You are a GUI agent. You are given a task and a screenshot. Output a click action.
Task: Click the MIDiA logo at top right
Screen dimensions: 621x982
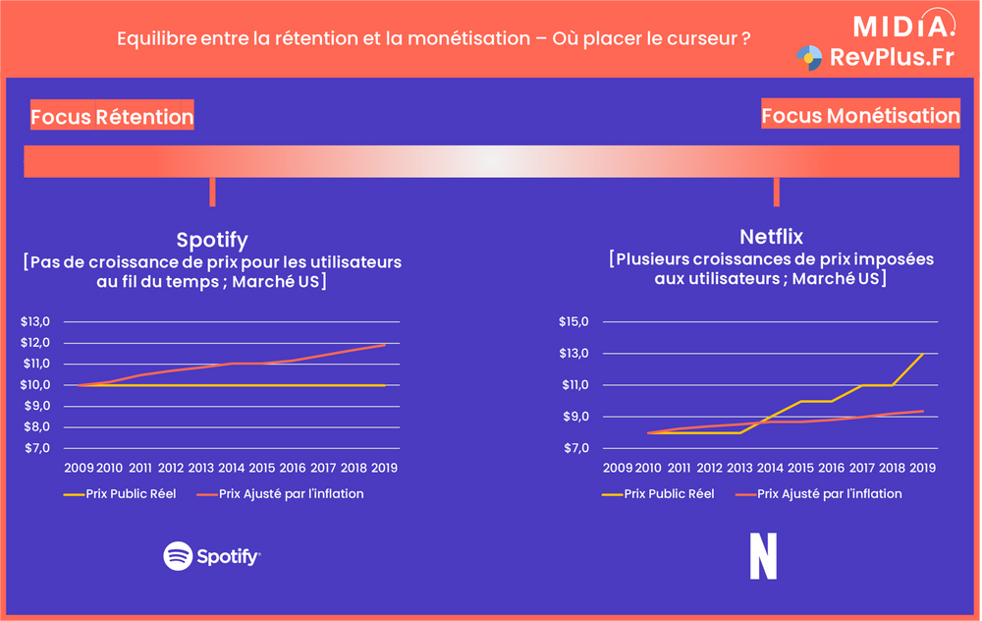coord(901,25)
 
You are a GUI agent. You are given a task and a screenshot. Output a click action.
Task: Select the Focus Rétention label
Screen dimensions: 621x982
coord(112,117)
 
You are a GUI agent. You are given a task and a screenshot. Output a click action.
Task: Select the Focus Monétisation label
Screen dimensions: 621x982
coord(860,115)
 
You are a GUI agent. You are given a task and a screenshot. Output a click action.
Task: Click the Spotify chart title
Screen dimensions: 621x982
coord(212,240)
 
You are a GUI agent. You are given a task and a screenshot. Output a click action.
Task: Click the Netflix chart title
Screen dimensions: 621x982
coord(771,237)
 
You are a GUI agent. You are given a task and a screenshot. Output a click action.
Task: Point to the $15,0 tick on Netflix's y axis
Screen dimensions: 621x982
coord(573,321)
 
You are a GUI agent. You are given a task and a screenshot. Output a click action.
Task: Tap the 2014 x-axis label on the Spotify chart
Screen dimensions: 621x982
coord(231,468)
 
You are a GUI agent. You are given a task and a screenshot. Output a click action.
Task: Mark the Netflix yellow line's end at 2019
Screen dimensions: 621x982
coord(923,354)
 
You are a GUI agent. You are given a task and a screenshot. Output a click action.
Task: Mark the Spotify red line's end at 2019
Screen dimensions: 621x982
coord(385,344)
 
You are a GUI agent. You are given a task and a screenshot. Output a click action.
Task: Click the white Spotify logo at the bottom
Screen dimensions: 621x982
coord(212,556)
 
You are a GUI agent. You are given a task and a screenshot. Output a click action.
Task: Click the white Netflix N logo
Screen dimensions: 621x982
coord(763,556)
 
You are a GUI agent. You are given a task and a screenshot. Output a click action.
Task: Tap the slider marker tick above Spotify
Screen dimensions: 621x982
coord(212,192)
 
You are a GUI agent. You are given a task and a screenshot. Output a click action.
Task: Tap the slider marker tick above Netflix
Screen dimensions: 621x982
coord(776,192)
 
